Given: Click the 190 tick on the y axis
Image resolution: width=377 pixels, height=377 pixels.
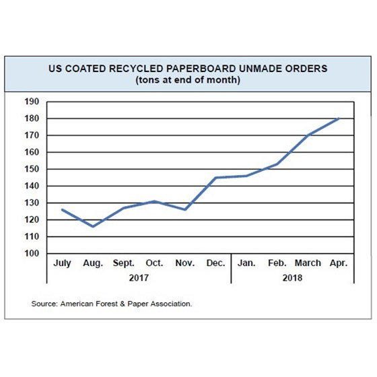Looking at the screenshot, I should click(32, 102).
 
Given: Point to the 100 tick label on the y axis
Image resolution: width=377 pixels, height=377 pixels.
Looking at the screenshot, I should click(32, 253).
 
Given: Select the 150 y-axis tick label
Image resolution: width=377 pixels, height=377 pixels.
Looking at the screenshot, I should click(32, 169).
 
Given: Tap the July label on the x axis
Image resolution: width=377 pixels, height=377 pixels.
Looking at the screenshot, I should click(63, 263).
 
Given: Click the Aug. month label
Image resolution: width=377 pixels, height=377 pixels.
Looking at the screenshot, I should click(92, 263).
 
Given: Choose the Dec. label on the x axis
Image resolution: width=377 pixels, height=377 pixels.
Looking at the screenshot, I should click(215, 263).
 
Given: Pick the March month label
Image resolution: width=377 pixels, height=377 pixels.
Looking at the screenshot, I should click(308, 263).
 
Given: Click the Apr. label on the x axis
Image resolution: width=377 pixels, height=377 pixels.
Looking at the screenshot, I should click(338, 263).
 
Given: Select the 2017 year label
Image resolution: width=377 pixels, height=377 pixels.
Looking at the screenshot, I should click(138, 277).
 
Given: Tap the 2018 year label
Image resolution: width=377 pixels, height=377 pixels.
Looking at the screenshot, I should click(292, 277).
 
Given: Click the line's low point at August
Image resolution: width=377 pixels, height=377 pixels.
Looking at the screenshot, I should click(93, 226).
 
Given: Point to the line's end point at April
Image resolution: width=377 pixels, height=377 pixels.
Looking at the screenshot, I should click(339, 118).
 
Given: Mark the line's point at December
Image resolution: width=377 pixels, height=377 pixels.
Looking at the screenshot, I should click(215, 178).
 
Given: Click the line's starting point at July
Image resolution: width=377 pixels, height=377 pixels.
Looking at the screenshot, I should click(62, 209).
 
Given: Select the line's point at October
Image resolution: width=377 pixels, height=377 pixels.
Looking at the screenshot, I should click(154, 201).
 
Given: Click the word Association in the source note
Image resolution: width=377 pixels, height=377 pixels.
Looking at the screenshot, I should click(169, 304).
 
